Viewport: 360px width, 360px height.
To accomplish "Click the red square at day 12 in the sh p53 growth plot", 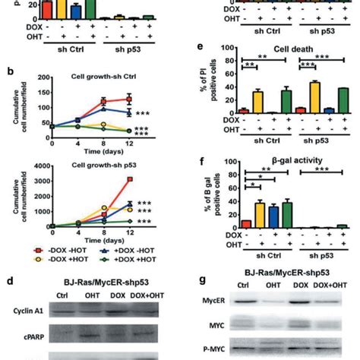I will (x=131, y=179).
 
